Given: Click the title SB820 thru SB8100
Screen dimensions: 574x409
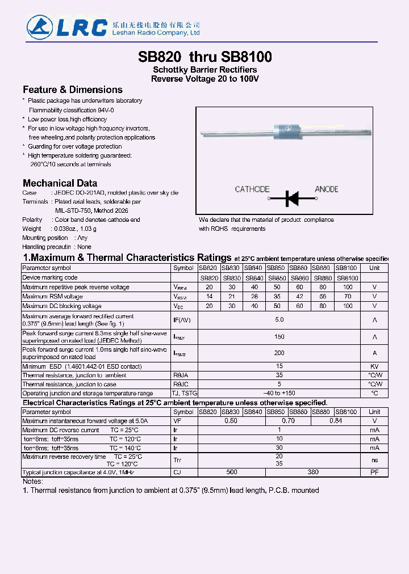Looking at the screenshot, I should pyautogui.click(x=204, y=57).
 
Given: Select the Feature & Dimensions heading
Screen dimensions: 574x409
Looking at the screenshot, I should pyautogui.click(x=72, y=90).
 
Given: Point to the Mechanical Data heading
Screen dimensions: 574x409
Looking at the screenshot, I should pyautogui.click(x=60, y=183).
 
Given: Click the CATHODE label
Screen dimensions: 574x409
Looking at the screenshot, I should pyautogui.click(x=252, y=189).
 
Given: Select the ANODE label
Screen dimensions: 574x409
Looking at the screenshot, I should pyautogui.click(x=326, y=189).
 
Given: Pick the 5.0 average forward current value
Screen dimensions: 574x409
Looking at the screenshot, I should pyautogui.click(x=279, y=320).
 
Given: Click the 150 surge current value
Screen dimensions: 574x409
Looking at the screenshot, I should pyautogui.click(x=279, y=337).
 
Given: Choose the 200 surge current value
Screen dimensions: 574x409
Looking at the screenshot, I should pyautogui.click(x=279, y=353).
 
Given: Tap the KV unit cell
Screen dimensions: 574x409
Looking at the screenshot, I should pyautogui.click(x=374, y=366).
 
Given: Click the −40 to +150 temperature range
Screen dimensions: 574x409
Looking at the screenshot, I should pyautogui.click(x=279, y=393).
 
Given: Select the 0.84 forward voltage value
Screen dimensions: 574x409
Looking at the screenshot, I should pyautogui.click(x=336, y=421).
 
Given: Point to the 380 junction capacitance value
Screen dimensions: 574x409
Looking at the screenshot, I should pyautogui.click(x=313, y=472).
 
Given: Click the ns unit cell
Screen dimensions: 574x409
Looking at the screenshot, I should pyautogui.click(x=374, y=461).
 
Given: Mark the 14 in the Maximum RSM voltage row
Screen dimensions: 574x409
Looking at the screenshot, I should pyautogui.click(x=209, y=297).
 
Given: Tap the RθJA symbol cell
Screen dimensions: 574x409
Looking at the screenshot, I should pyautogui.click(x=181, y=375).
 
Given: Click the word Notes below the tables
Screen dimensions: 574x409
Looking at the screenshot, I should pyautogui.click(x=32, y=481).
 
